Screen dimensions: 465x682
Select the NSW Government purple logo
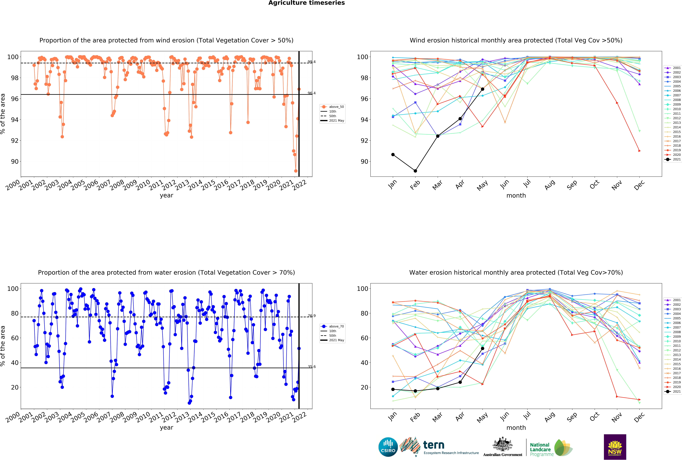(x=615, y=447)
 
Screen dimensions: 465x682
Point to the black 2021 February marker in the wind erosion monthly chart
(x=415, y=171)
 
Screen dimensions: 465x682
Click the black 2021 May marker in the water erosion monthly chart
(x=482, y=348)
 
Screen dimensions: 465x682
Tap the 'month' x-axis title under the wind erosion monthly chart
(x=516, y=195)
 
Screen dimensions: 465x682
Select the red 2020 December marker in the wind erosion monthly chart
(x=639, y=151)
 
